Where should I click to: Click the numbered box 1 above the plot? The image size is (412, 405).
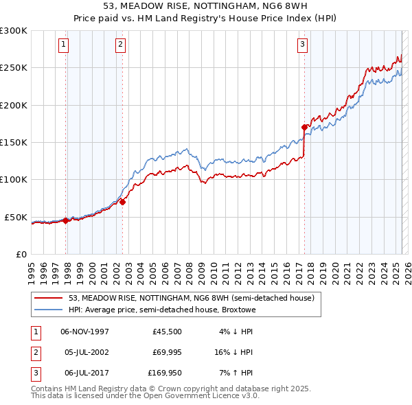tap(62, 45)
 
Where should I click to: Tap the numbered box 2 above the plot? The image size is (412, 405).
tap(120, 45)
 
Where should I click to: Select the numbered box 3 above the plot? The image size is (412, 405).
tap(302, 45)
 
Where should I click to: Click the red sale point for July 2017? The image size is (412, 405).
tap(304, 127)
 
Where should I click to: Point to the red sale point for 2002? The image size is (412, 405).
tap(123, 202)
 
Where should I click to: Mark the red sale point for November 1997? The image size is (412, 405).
tap(66, 220)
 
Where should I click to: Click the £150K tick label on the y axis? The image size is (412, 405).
tap(14, 142)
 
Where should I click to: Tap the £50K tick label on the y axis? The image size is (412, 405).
tap(16, 217)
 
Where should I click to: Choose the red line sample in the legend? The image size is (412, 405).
tap(49, 298)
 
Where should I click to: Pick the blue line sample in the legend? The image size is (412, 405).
tap(49, 310)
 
